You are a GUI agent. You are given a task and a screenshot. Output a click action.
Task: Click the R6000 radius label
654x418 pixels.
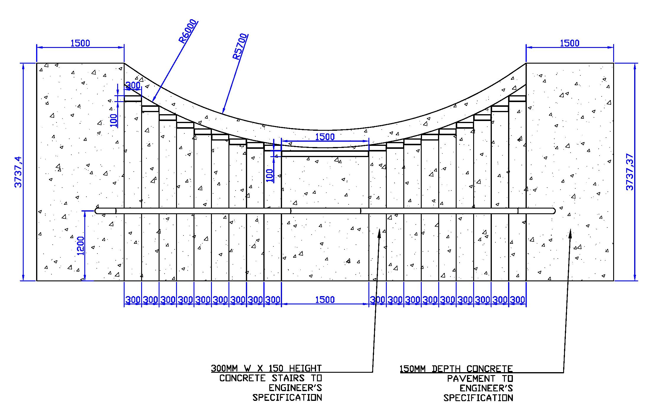pos(188,31)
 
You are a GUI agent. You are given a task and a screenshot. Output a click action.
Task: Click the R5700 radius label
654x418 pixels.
pos(240,47)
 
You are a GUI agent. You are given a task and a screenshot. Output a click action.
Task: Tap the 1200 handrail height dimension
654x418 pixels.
pos(80,246)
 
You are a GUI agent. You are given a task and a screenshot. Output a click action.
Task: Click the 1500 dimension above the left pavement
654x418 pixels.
pos(80,43)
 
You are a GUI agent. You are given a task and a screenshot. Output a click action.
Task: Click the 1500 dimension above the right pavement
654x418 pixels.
pos(570,43)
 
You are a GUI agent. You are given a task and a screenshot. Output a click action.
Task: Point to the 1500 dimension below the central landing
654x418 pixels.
pos(325,300)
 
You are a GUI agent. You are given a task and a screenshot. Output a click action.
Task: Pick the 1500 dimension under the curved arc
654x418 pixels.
pos(325,137)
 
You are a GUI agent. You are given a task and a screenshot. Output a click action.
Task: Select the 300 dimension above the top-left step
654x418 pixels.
pos(133,85)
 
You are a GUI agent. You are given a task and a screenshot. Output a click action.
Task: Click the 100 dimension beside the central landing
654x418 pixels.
pos(270,175)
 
